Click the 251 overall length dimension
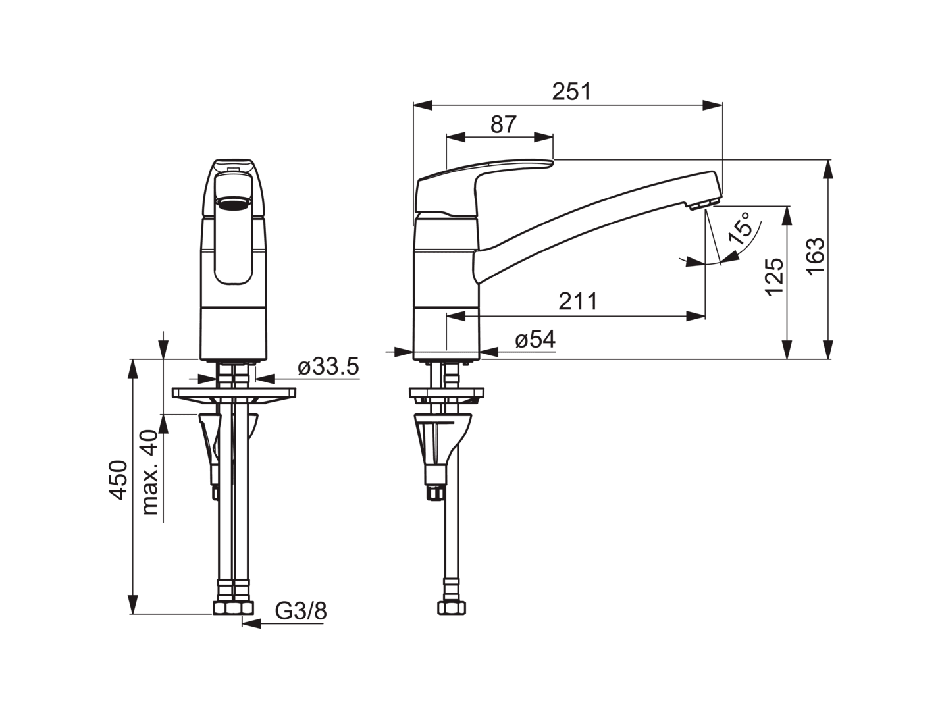click(571, 92)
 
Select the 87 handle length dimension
click(503, 124)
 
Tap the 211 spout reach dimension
click(578, 302)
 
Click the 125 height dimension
click(774, 276)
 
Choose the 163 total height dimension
click(815, 256)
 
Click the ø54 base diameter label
click(535, 340)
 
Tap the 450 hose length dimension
click(118, 480)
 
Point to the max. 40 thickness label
click(150, 472)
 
